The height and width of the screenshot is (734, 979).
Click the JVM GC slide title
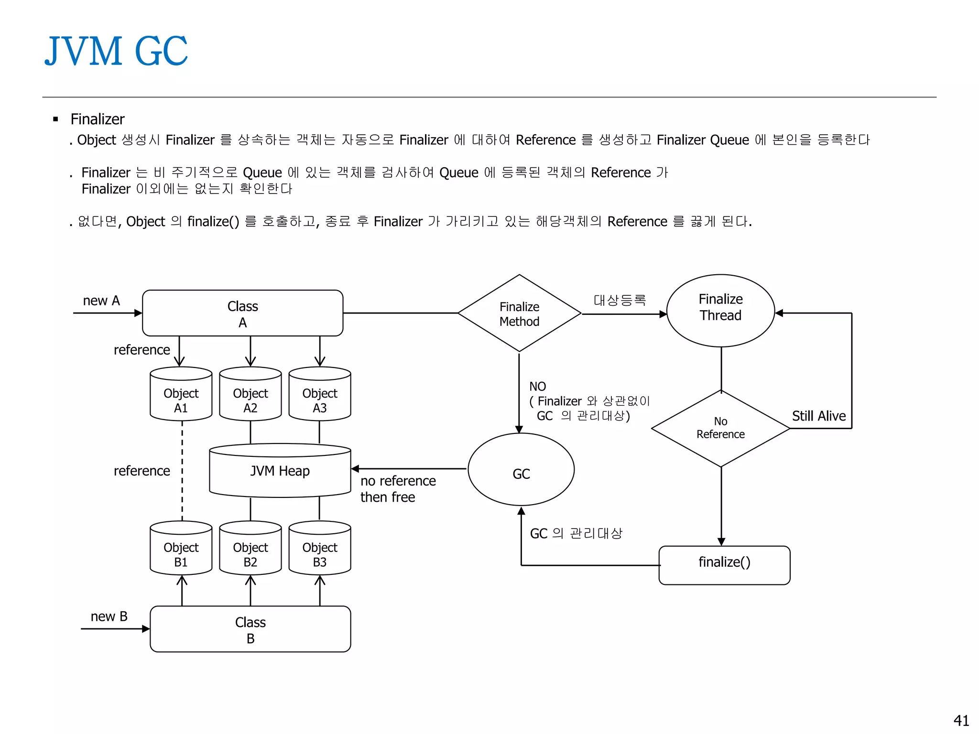coord(116,51)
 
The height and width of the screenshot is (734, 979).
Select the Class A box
coord(242,313)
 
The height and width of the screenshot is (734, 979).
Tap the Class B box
coord(250,629)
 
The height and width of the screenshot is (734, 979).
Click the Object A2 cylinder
coord(250,395)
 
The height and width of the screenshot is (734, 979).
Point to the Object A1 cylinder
coord(181,395)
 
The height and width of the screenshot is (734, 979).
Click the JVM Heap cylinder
coord(280,471)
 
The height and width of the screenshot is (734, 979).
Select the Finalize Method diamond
coord(519,313)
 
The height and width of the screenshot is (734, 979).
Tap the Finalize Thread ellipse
coord(720,311)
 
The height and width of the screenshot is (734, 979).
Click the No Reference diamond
coord(720,428)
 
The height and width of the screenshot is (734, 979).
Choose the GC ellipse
coord(521,470)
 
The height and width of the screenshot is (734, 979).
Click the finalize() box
coord(724,565)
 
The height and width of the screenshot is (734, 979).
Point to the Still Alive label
coord(818,416)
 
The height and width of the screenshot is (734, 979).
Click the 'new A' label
coord(101,301)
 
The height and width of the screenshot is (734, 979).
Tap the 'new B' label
coord(109,616)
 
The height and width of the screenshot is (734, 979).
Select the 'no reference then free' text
coord(398,489)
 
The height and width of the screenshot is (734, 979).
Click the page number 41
coord(961,720)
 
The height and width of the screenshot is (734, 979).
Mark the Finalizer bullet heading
coord(98,119)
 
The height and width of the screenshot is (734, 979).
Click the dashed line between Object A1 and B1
coord(182,471)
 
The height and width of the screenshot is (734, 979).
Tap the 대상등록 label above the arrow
coord(620,300)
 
